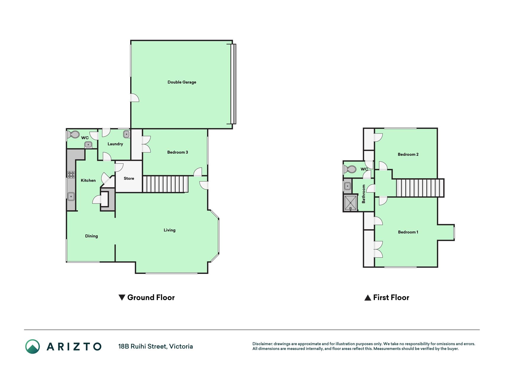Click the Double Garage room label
pos(182,82)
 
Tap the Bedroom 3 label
pos(178,152)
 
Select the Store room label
pos(129,178)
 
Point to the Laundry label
pos(115,144)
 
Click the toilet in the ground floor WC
pos(73,135)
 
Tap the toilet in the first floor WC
pos(350,169)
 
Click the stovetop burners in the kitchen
pos(71,174)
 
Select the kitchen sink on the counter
pos(71,196)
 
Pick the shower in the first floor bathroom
pos(351,203)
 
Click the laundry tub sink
pos(126,134)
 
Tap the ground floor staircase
pos(165,184)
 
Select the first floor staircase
pos(420,188)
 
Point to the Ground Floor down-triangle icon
pos(122,298)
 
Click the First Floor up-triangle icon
pos(368,298)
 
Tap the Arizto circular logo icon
pos(33,346)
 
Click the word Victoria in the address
pos(181,346)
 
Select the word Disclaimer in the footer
pos(262,344)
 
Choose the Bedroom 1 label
pos(408,232)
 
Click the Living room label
pos(170,230)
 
